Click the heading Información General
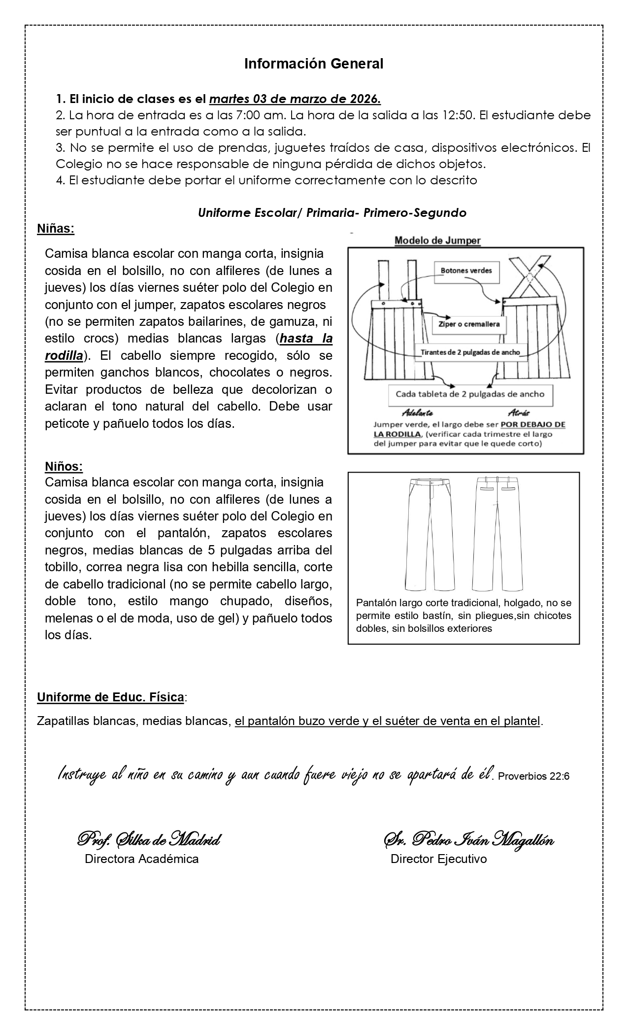(314, 64)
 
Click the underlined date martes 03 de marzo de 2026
(295, 99)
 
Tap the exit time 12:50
(461, 116)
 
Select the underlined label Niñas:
(56, 229)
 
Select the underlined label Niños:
(64, 466)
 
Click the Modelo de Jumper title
(437, 241)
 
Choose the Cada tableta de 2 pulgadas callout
(470, 394)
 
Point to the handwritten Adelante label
(418, 413)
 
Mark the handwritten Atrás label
(518, 413)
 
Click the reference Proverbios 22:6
(534, 776)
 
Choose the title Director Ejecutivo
(438, 859)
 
